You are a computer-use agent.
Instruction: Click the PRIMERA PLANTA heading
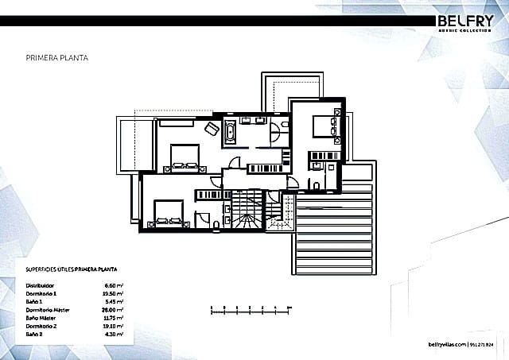tap(56, 58)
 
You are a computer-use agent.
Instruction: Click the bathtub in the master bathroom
tap(229, 134)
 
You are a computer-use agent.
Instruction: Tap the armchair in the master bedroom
tap(212, 129)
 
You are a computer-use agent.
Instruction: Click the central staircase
tap(243, 211)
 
